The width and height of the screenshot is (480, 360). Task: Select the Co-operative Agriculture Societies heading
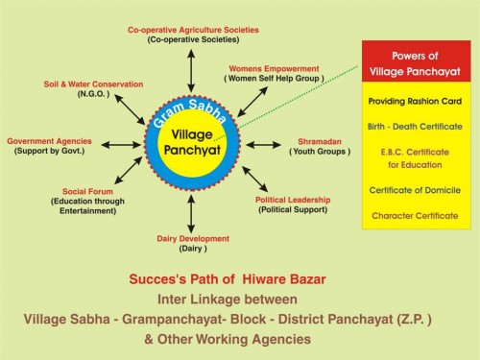(193, 30)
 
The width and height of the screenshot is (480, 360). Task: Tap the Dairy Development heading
(193, 238)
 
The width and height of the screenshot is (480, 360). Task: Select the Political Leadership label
(292, 199)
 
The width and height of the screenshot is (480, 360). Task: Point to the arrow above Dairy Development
(193, 213)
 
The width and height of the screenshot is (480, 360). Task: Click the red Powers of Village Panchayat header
(416, 62)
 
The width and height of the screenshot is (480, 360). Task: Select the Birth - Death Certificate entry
(416, 126)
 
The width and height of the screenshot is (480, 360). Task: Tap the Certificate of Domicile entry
(416, 190)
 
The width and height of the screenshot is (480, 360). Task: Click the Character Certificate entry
(416, 215)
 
